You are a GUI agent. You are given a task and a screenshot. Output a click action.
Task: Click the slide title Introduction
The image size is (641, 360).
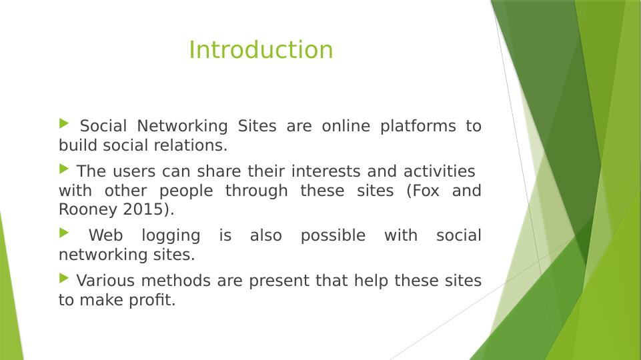261,50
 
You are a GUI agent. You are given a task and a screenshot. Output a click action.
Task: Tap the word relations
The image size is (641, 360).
198,145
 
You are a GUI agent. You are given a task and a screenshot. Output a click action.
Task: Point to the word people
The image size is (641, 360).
186,191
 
